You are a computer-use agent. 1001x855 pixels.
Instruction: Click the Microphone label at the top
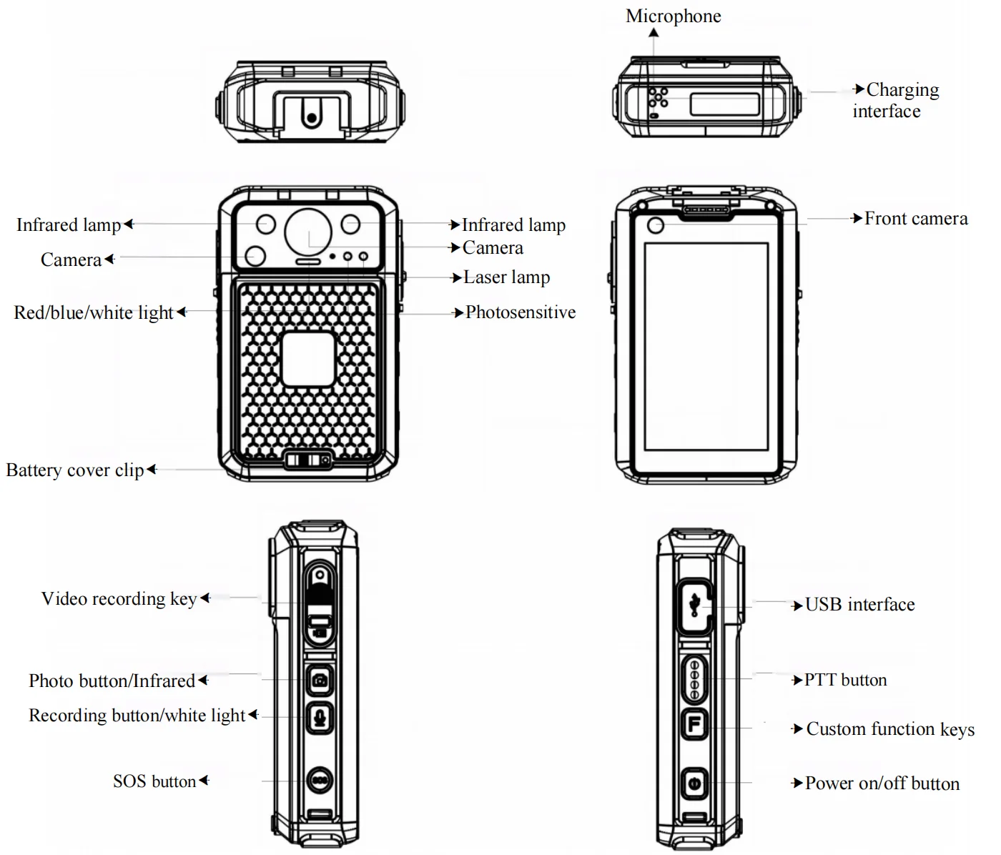[x=673, y=16]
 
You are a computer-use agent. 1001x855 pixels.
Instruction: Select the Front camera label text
[x=915, y=219]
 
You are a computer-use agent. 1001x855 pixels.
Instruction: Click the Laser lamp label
[x=506, y=277]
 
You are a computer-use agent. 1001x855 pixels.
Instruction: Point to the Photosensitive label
[x=520, y=312]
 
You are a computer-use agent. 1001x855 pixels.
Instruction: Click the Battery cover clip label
[x=75, y=470]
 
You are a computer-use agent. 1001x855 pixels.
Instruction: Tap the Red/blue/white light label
[x=94, y=313]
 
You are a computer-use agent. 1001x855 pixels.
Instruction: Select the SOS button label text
[x=154, y=781]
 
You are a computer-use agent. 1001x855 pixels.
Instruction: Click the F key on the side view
[x=694, y=725]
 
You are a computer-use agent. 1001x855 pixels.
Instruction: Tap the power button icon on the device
[x=693, y=784]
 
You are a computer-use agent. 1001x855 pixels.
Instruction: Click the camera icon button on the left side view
[x=320, y=680]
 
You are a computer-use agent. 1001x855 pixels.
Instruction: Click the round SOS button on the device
[x=320, y=780]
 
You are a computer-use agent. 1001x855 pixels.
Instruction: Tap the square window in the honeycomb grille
[x=308, y=359]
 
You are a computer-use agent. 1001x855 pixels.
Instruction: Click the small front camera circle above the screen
[x=655, y=226]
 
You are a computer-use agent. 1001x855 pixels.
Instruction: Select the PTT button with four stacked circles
[x=694, y=678]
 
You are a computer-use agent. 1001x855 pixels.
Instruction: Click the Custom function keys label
[x=889, y=729]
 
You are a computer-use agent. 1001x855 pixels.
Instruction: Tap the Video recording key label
[x=119, y=599]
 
